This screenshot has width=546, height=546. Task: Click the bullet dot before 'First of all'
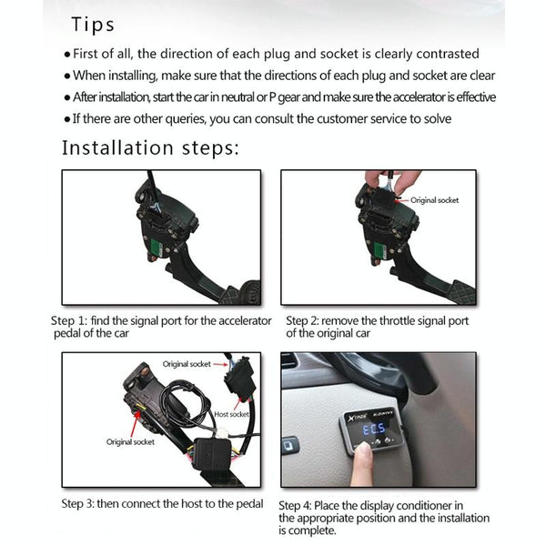pos(67,55)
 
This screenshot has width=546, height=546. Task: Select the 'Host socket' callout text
pos(232,415)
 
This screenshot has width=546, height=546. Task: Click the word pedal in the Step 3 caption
pos(248,503)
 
